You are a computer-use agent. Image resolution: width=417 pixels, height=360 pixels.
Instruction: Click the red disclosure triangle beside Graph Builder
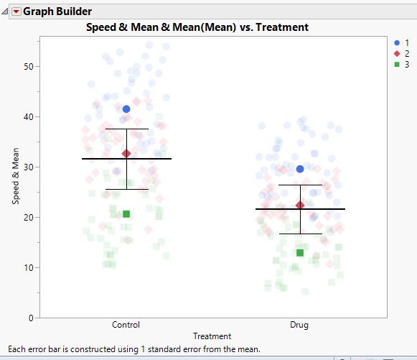pos(16,11)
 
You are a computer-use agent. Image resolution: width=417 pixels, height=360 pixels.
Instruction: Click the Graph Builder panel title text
pos(57,11)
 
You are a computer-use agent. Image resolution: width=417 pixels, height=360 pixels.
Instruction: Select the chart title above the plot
pos(197,27)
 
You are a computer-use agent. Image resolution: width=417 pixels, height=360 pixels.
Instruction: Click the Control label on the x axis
pos(126,325)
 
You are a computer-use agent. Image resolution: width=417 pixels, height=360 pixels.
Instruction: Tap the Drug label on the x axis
pos(299,325)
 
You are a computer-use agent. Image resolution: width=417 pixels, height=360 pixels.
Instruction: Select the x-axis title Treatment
pos(212,336)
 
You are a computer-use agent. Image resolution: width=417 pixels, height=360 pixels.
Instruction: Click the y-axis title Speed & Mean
pos(15,172)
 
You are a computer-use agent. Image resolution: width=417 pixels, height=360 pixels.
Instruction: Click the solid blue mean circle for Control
pos(126,109)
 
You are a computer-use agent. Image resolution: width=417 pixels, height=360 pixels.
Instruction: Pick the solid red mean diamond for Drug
pos(300,206)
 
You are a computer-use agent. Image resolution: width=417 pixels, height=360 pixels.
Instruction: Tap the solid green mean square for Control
pos(126,213)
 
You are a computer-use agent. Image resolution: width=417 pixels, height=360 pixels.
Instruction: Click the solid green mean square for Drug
pos(300,253)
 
